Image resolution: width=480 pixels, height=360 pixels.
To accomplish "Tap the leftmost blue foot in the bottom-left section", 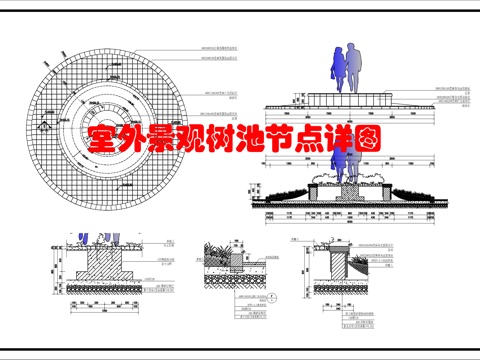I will (x=81, y=241).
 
